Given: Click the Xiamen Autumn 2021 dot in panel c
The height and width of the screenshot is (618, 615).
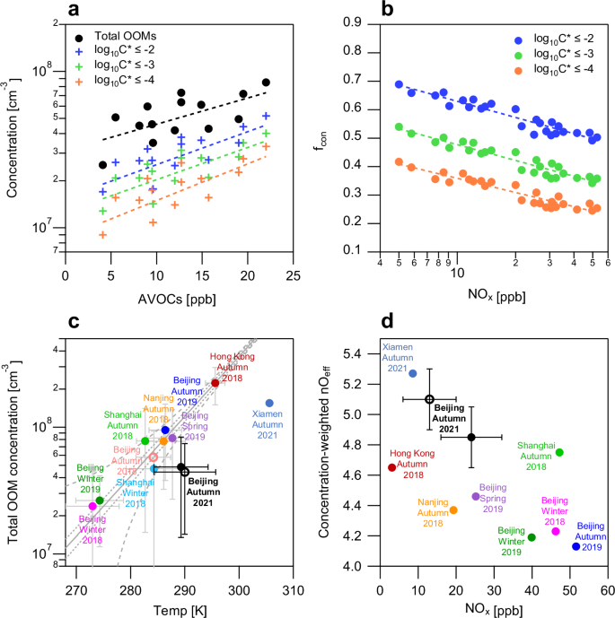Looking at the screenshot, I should [x=268, y=404].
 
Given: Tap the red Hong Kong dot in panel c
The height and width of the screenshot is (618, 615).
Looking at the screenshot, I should [x=215, y=383].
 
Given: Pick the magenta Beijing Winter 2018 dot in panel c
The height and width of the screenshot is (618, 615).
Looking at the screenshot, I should [x=92, y=506].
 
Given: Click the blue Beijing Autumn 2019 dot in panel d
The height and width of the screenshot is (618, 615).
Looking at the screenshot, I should [x=575, y=546].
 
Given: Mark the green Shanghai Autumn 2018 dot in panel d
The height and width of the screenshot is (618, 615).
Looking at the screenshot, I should [x=559, y=452].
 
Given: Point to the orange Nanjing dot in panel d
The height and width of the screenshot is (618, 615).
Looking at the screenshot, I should [x=453, y=509].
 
